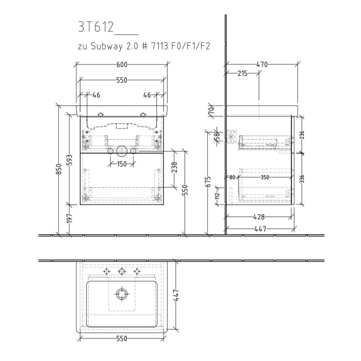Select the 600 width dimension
[x=122, y=64]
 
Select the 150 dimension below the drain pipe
[x=122, y=164]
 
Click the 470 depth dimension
[x=262, y=64]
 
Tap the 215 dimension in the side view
[x=242, y=73]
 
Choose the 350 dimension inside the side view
[x=265, y=177]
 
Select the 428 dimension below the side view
[x=259, y=218]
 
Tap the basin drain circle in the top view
[x=122, y=294]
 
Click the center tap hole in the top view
[x=122, y=271]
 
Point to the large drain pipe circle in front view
[x=122, y=151]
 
